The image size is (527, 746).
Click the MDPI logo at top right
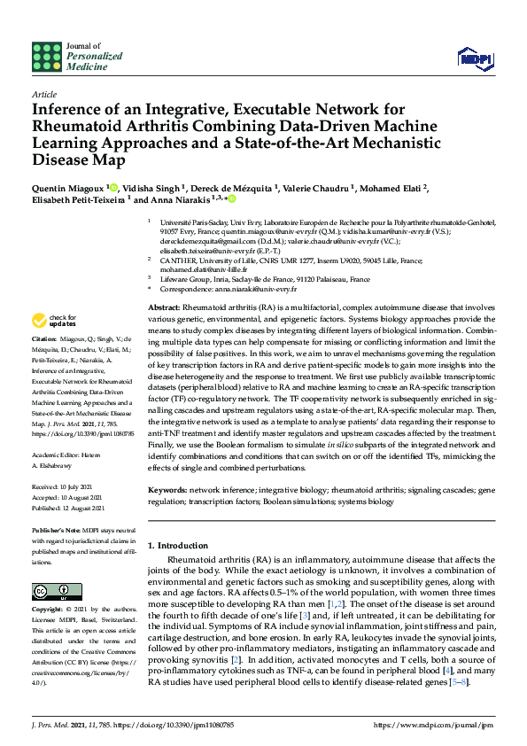coord(474,58)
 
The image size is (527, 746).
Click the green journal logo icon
coord(46,56)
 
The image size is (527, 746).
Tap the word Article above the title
coord(43,93)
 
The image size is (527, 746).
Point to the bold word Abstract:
coord(165,306)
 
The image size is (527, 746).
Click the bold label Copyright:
coord(50,610)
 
